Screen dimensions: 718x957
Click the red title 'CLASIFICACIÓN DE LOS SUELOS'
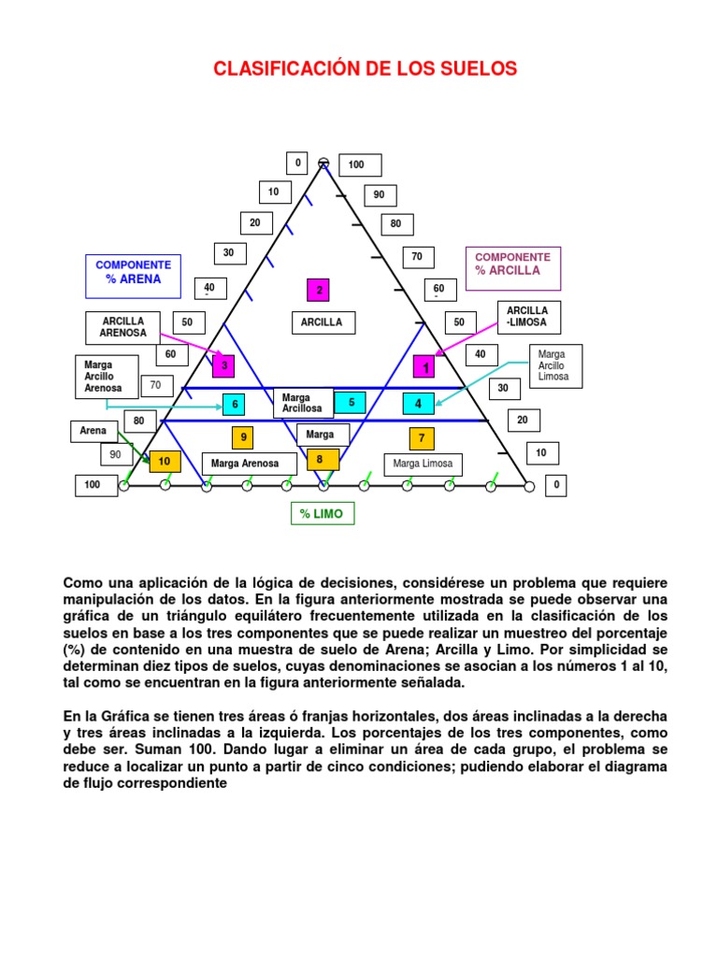366,68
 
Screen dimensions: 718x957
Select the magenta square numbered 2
318,290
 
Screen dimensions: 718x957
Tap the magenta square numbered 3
223,365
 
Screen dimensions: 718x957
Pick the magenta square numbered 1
424,366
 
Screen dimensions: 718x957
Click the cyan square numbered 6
234,404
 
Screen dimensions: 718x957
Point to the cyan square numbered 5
351,402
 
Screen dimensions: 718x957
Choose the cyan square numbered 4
419,404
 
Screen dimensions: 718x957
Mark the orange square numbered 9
243,437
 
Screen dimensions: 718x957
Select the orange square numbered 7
422,438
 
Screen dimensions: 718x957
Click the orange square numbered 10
165,461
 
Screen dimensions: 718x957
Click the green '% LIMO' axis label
323,514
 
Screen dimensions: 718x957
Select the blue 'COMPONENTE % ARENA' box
133,277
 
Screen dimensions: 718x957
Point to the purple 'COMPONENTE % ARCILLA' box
513,268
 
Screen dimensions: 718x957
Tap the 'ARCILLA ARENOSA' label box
122,328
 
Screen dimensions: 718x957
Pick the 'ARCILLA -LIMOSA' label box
529,318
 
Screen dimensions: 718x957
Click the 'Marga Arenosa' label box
249,464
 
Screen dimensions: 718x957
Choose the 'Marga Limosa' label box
424,464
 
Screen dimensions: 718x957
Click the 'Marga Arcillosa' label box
304,403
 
